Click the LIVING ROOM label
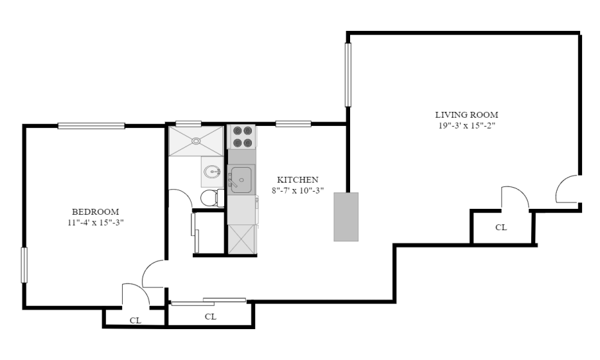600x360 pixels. click(466, 114)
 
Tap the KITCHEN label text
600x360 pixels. click(297, 179)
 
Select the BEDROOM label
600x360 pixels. click(96, 212)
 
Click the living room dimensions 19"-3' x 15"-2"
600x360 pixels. click(467, 125)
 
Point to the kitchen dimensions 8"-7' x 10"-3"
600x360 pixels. click(297, 190)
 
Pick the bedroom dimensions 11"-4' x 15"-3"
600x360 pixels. click(96, 222)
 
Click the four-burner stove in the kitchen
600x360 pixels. click(242, 137)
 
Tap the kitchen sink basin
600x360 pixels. click(241, 179)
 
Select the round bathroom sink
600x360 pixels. click(211, 172)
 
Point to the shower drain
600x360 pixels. click(196, 141)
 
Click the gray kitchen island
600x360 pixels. click(346, 217)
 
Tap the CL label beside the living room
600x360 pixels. click(501, 228)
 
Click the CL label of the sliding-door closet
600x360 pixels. click(211, 317)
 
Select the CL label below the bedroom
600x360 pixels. click(136, 321)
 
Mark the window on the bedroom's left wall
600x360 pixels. click(24, 265)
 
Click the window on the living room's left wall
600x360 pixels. click(348, 75)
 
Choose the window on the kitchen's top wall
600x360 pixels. click(293, 123)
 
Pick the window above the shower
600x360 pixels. click(188, 123)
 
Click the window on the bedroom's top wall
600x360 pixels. click(91, 125)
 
